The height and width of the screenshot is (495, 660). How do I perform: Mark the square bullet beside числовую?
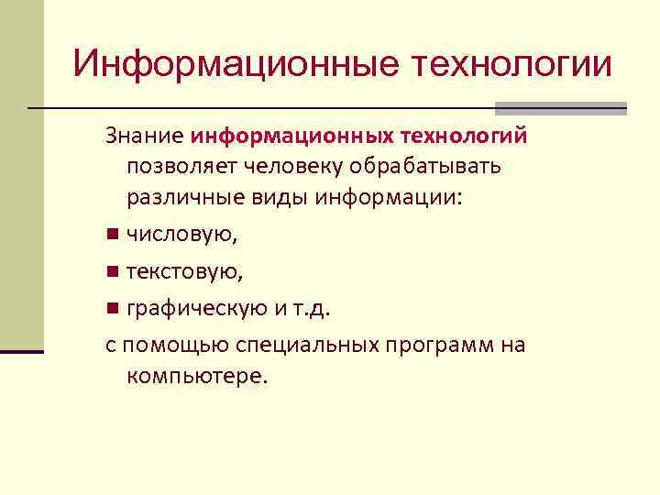(x=111, y=235)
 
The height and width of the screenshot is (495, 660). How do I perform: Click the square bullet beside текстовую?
(x=111, y=271)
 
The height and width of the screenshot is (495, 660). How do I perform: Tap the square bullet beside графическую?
(x=111, y=308)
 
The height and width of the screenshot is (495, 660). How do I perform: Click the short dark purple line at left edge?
(x=22, y=351)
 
